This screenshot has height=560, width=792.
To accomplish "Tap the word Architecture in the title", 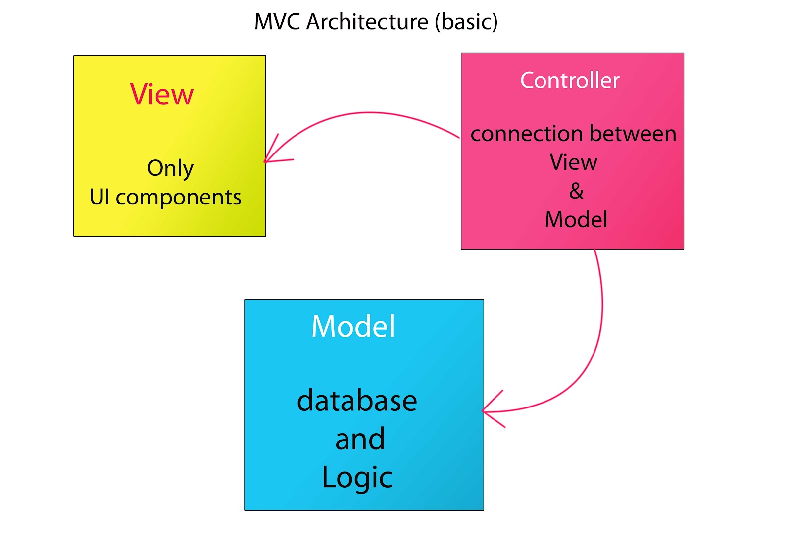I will coord(367,22).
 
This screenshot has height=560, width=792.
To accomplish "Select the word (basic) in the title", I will coord(466,22).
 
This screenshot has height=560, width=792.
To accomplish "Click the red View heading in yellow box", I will coord(162,94).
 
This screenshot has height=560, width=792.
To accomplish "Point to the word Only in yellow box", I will coord(170,168).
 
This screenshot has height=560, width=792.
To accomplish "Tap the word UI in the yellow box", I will coord(99,197).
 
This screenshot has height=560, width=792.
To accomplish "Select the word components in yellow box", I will coord(178,198).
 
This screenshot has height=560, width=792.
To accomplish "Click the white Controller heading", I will coord(570,80).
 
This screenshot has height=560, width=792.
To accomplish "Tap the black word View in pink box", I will coord(574,162).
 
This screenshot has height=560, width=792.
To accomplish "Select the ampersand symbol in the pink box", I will coord(576,191).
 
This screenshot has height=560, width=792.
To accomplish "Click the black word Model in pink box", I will coord(576,220).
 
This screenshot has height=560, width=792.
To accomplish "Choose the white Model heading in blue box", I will coord(353,327).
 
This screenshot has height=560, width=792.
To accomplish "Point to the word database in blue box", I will coord(357,401).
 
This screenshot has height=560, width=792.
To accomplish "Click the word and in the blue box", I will coord(360,439).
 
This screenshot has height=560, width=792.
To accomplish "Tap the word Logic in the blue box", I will coord(357,478).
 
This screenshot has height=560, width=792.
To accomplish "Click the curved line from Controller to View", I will coord(371,113).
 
